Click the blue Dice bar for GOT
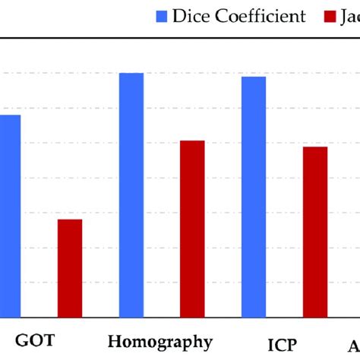9,216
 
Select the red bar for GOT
70,268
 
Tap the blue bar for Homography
131,195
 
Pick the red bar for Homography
192,229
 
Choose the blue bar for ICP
254,197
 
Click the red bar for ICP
315,232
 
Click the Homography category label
160,341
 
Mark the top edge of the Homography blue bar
131,74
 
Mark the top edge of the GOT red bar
70,219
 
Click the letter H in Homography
115,341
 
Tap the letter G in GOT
22,341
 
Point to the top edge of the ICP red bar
315,147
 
